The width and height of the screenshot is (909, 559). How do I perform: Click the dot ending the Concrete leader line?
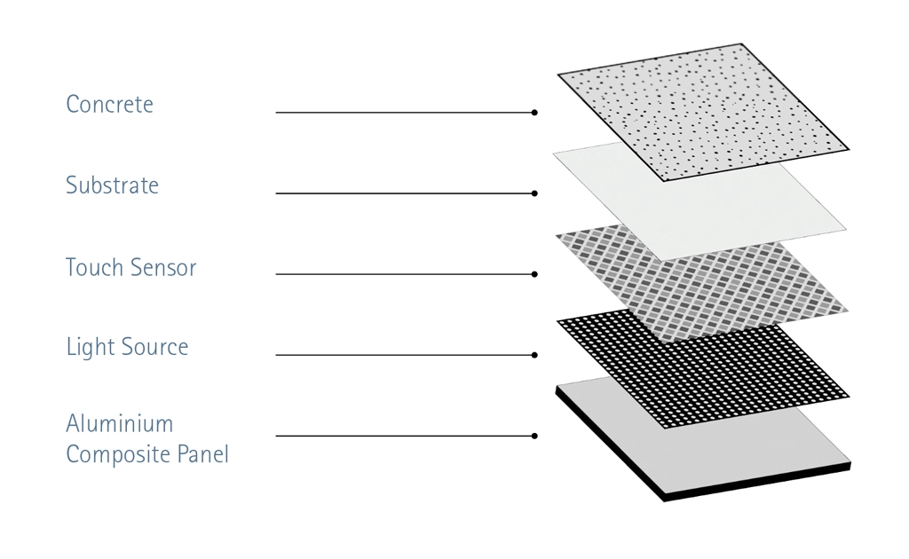tap(534, 113)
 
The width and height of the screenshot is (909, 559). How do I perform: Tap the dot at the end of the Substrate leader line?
tap(534, 193)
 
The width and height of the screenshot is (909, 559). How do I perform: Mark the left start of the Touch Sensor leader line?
tap(276, 274)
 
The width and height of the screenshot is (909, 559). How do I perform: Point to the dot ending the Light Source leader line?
tap(534, 355)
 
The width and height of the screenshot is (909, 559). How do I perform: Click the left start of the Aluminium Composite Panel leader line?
tap(276, 436)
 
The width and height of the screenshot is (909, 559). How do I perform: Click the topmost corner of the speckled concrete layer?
tap(742, 43)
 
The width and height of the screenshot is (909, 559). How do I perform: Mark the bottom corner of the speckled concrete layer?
tap(665, 181)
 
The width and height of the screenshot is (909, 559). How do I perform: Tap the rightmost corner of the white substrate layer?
tap(846, 230)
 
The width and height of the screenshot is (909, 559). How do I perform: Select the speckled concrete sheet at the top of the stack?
tap(703, 112)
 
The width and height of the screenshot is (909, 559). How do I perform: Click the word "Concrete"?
tap(109, 105)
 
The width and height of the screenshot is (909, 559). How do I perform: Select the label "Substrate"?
tap(112, 185)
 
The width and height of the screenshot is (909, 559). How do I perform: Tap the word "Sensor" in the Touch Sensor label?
tap(163, 268)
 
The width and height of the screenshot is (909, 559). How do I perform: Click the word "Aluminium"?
tap(120, 423)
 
